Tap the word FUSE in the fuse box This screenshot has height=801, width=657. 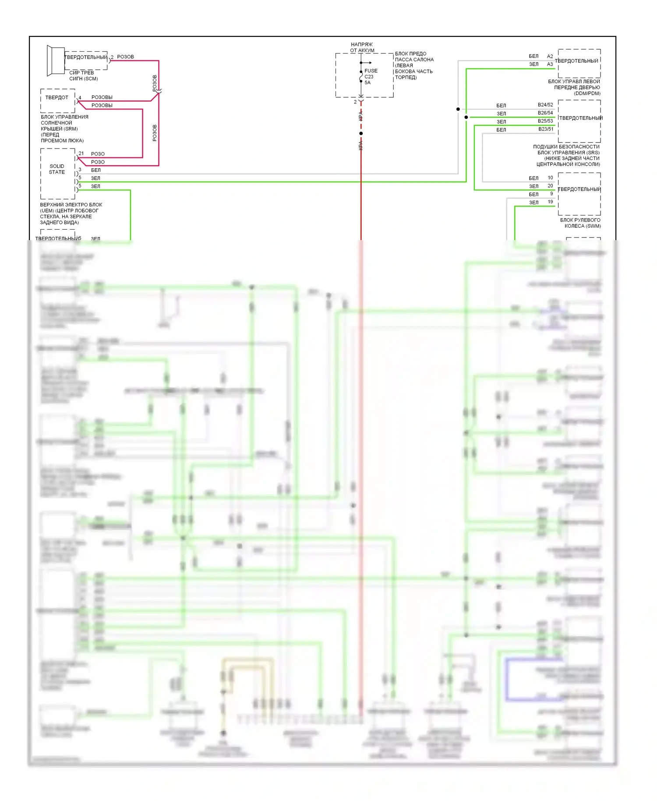pyautogui.click(x=371, y=71)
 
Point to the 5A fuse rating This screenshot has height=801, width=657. pyautogui.click(x=367, y=82)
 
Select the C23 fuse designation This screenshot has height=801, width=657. pyautogui.click(x=369, y=77)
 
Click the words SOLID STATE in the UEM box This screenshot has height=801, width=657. pyautogui.click(x=57, y=169)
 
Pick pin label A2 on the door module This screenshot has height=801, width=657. pyautogui.click(x=550, y=56)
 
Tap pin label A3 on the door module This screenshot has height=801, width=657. pyautogui.click(x=550, y=64)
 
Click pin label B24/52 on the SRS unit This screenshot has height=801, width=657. pyautogui.click(x=545, y=105)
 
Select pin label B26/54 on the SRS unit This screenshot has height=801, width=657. pyautogui.click(x=545, y=113)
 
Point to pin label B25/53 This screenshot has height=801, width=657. pyautogui.click(x=545, y=121)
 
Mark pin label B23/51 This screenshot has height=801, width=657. pyautogui.click(x=546, y=129)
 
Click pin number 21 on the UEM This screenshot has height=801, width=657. pyautogui.click(x=81, y=153)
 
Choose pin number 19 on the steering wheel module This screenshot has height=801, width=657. pyautogui.click(x=550, y=202)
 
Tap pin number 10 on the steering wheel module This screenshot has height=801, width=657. pyautogui.click(x=550, y=177)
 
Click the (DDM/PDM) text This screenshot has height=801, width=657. pyautogui.click(x=587, y=93)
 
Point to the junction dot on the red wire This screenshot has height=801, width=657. pyautogui.click(x=361, y=133)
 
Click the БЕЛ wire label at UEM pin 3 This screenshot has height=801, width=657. pyautogui.click(x=96, y=170)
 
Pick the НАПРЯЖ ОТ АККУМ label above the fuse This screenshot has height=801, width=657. pyautogui.click(x=362, y=47)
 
